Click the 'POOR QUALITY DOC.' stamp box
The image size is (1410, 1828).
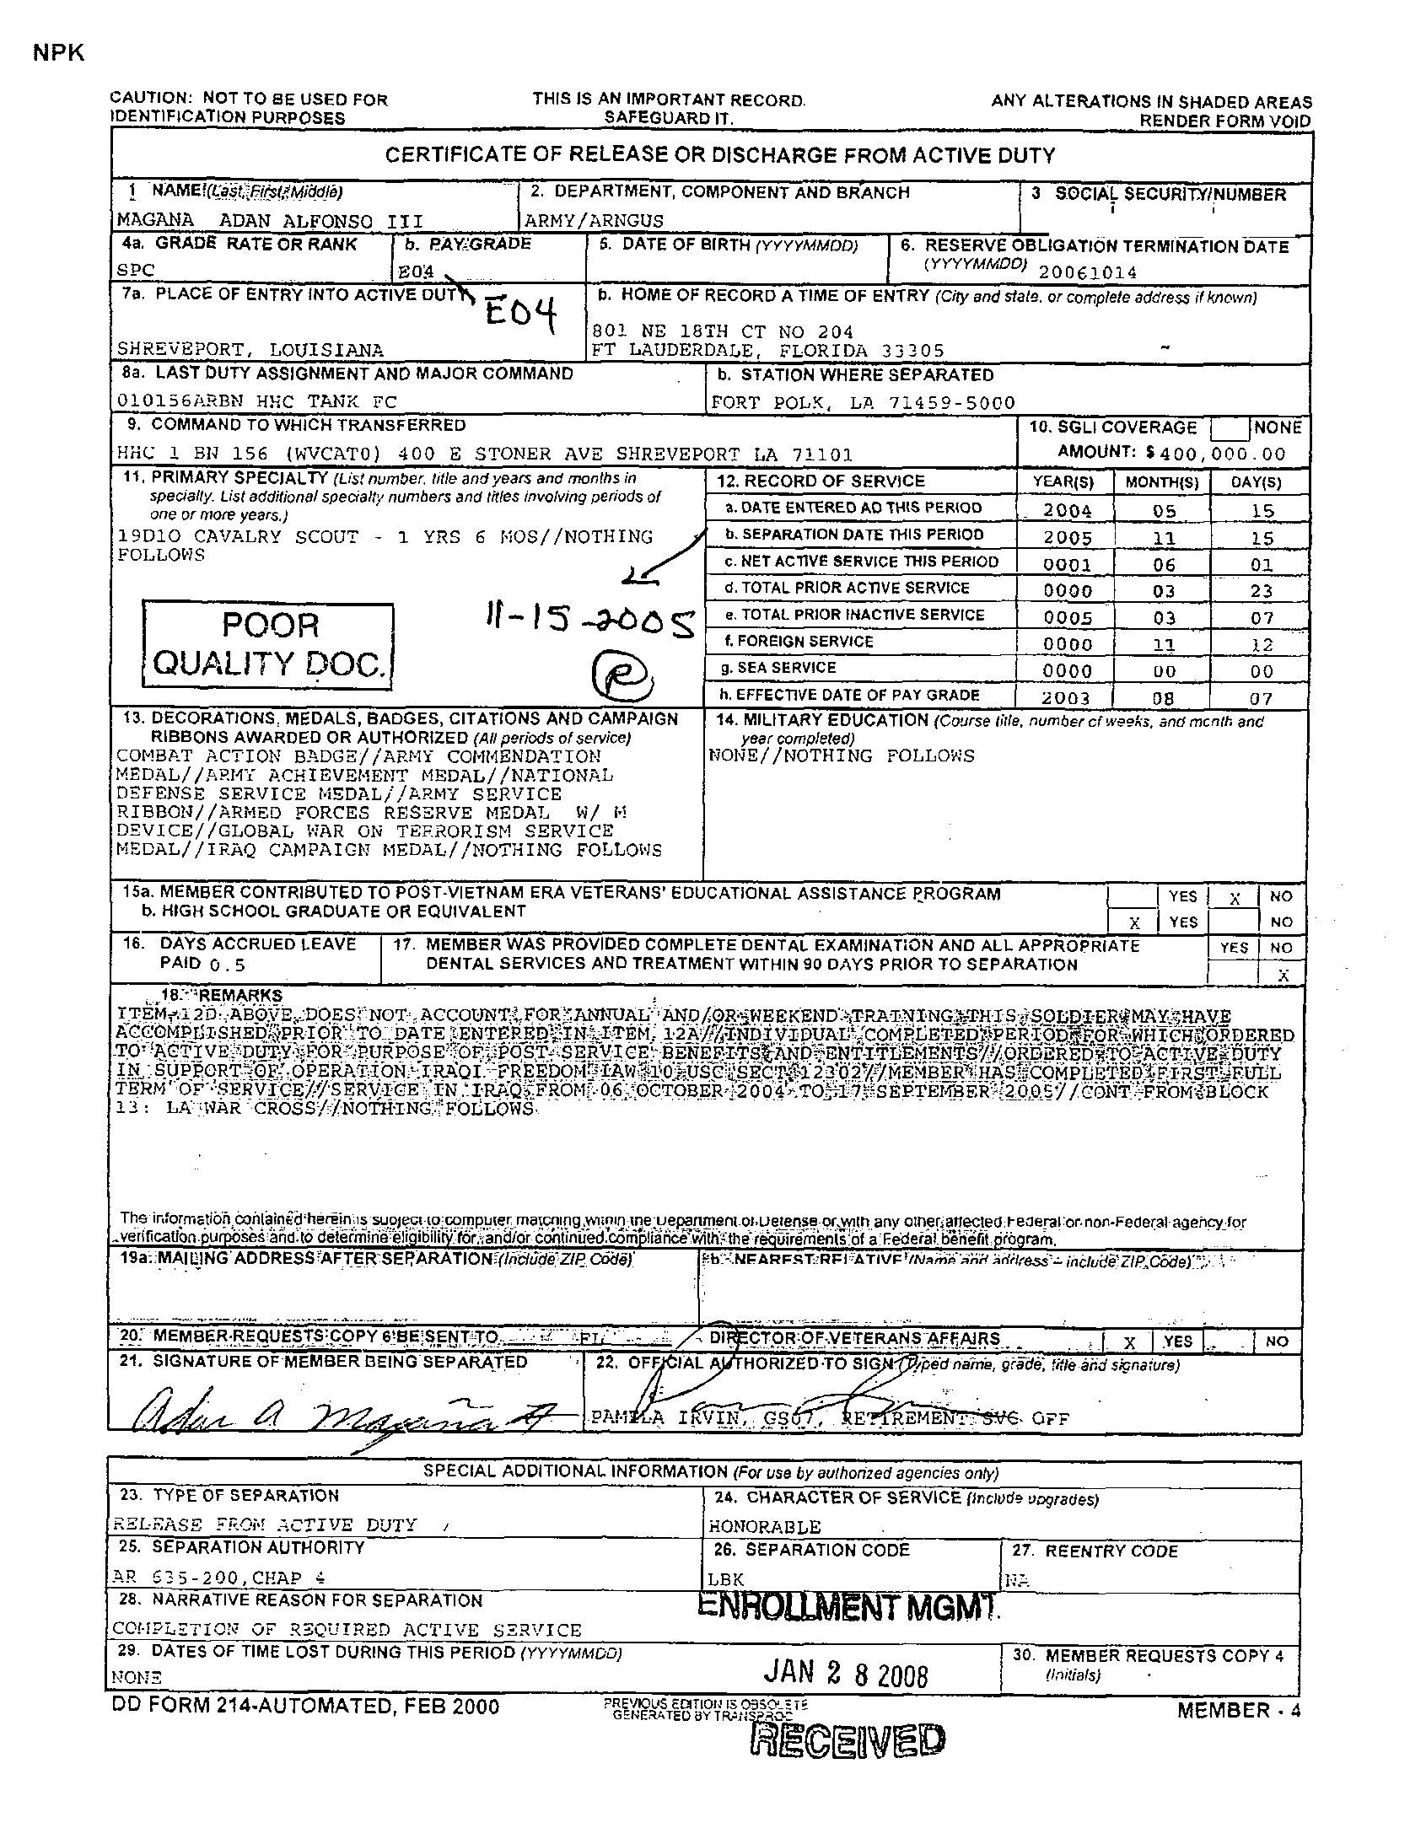pyautogui.click(x=268, y=645)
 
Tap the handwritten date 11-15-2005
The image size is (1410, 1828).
pyautogui.click(x=587, y=624)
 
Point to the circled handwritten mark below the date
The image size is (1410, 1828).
pyautogui.click(x=619, y=674)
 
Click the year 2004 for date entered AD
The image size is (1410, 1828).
pyautogui.click(x=1067, y=511)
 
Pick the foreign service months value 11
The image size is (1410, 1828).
pyautogui.click(x=1164, y=645)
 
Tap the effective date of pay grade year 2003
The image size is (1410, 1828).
pyautogui.click(x=1067, y=698)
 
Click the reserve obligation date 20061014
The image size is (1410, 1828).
pyautogui.click(x=1088, y=272)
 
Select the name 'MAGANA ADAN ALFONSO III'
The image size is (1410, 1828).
pyautogui.click(x=270, y=221)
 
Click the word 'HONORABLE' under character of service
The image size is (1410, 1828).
pyautogui.click(x=764, y=1526)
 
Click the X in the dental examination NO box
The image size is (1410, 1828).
pyautogui.click(x=1283, y=976)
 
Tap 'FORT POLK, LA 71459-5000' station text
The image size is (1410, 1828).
pyautogui.click(x=863, y=403)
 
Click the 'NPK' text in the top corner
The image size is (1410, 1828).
pyautogui.click(x=59, y=52)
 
